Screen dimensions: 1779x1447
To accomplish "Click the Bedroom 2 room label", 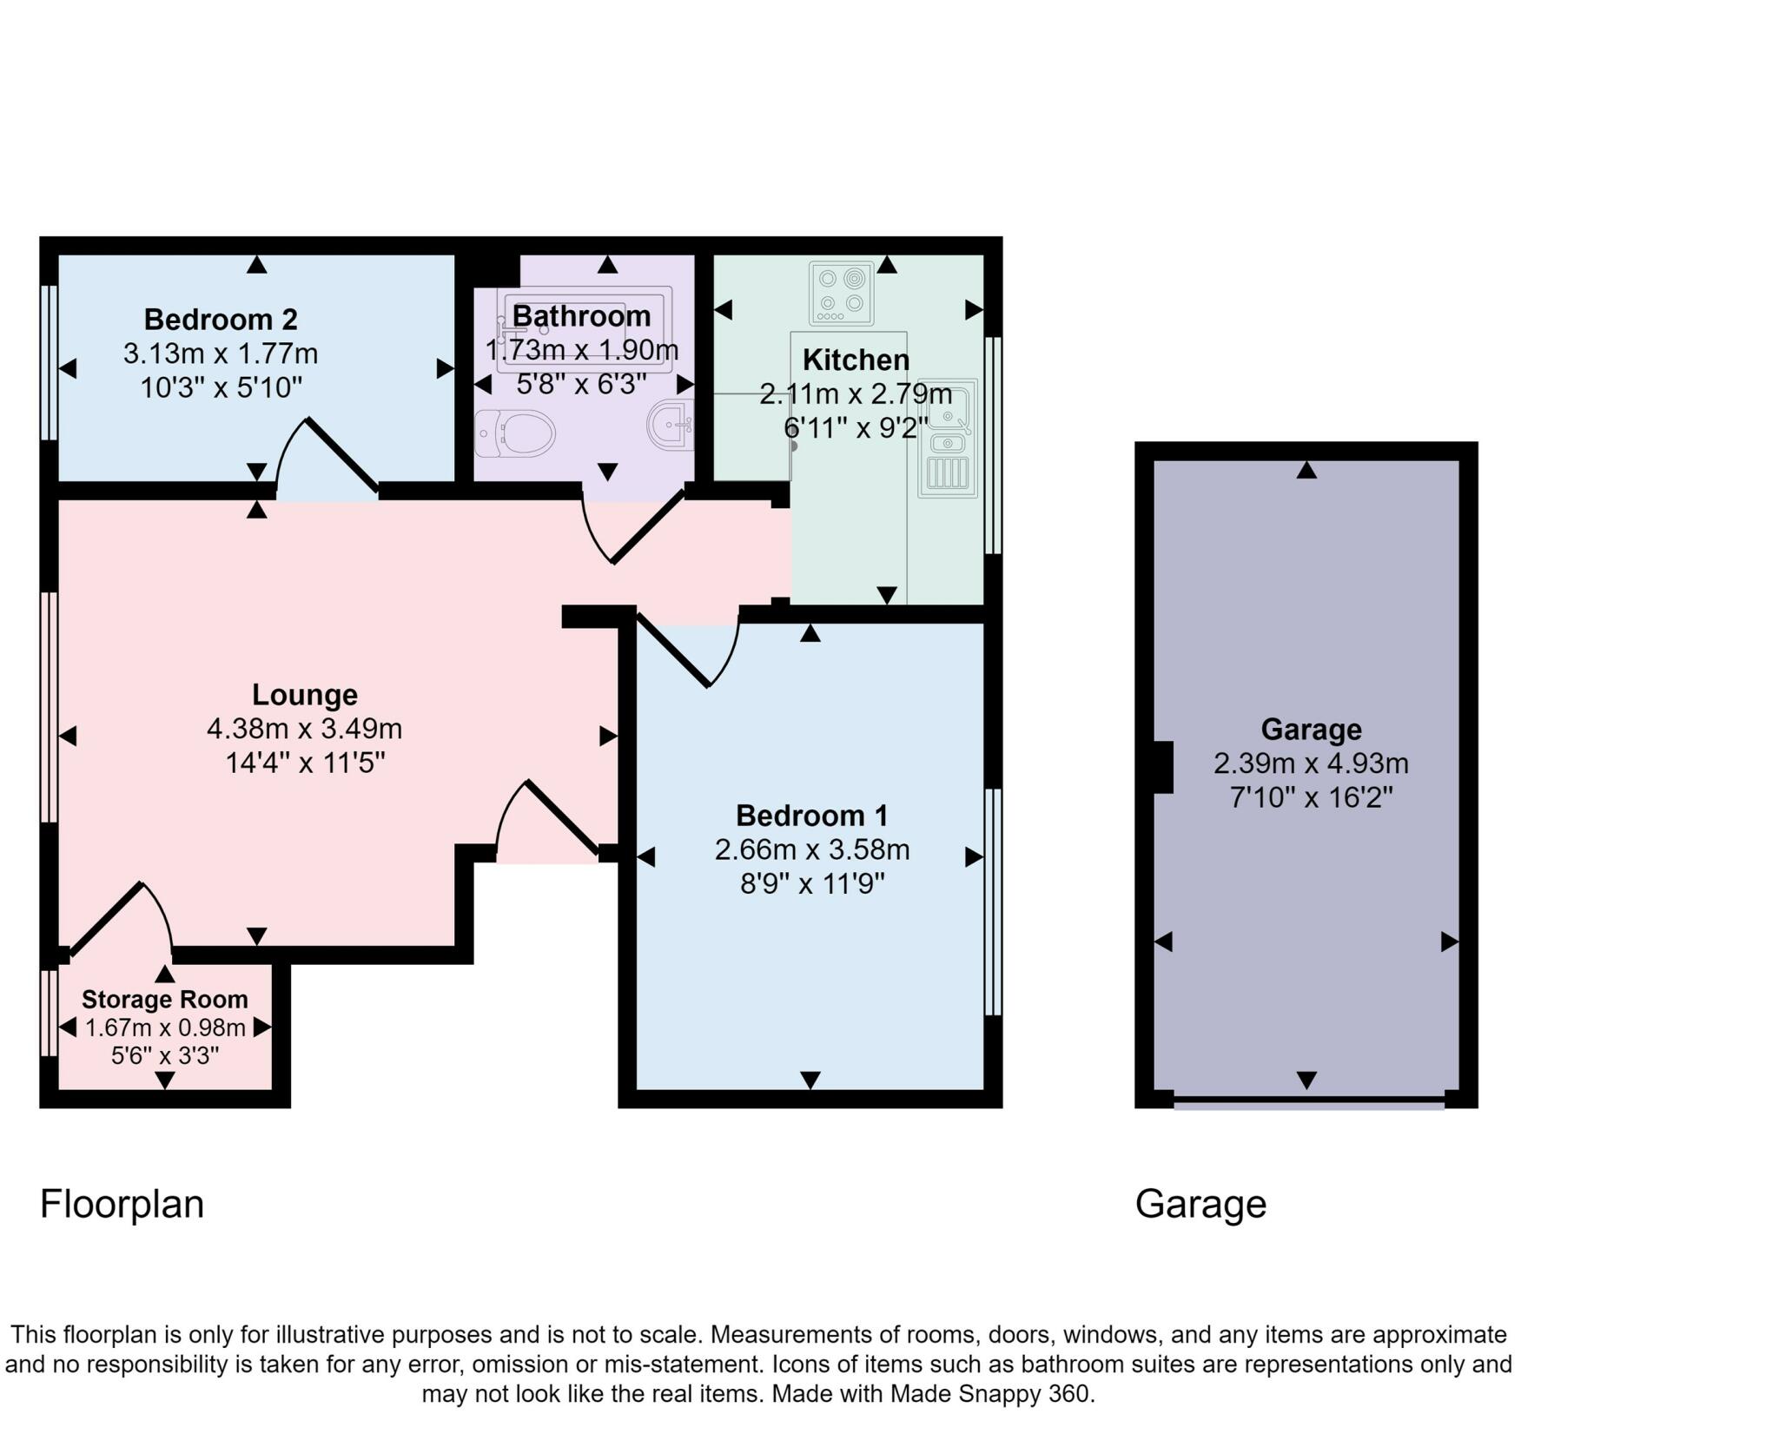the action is tap(221, 320).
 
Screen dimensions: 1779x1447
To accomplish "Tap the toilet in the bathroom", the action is tap(515, 433).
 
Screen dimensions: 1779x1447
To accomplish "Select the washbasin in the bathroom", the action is tap(671, 425).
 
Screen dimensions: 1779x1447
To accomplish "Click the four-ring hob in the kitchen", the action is tap(841, 293).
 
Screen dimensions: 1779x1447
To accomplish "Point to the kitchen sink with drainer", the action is tap(947, 438).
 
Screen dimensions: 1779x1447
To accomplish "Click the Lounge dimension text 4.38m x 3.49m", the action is tap(304, 728).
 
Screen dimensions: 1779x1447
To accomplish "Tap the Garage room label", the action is tap(1311, 730).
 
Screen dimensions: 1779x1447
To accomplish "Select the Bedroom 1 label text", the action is tap(811, 816).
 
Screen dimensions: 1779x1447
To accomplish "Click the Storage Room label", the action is tap(165, 1000).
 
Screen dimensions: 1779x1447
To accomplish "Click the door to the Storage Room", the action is tap(122, 919).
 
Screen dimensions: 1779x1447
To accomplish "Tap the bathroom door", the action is tap(632, 527).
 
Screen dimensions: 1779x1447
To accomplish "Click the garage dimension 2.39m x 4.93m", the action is tap(1311, 763).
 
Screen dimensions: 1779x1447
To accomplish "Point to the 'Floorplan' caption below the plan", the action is tap(122, 1205).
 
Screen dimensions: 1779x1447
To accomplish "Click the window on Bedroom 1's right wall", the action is tap(993, 902).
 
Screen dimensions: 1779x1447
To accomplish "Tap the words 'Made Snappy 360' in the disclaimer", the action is tap(989, 1394).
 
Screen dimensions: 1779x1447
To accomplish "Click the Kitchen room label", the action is tap(856, 360).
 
